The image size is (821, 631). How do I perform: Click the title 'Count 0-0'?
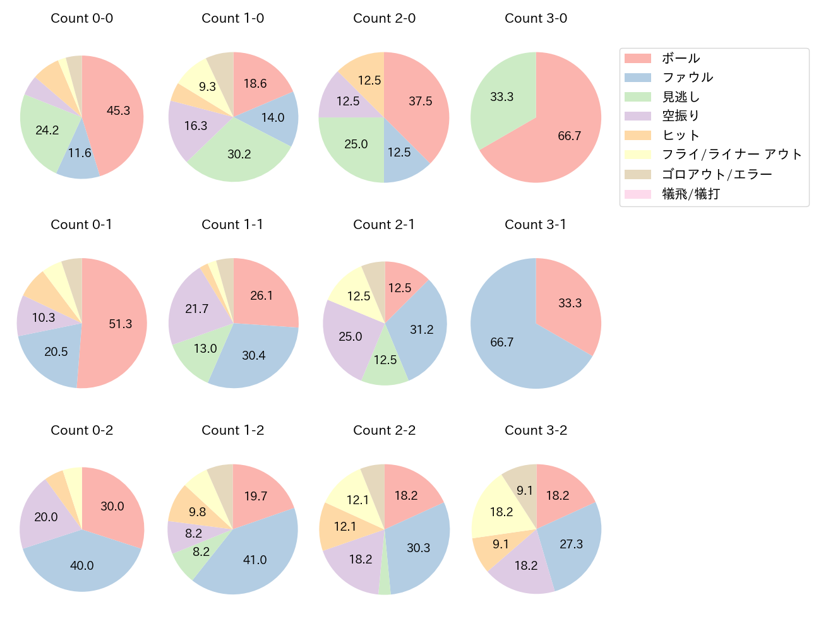click(x=82, y=18)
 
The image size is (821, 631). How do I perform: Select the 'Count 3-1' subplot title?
click(x=536, y=225)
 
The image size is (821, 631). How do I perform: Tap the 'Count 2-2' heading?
click(x=384, y=430)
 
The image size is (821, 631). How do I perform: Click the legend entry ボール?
click(x=681, y=58)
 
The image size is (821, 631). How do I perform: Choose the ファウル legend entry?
click(x=687, y=78)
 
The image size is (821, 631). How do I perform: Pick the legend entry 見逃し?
click(x=681, y=97)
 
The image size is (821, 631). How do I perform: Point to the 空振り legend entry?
click(x=681, y=116)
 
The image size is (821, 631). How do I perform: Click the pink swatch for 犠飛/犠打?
click(x=637, y=194)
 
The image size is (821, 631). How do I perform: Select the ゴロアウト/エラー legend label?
click(x=717, y=174)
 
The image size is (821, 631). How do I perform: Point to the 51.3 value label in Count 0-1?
click(x=121, y=324)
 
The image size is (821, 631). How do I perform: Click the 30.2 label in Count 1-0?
click(x=239, y=155)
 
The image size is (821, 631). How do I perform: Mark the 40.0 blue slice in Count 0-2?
click(x=82, y=565)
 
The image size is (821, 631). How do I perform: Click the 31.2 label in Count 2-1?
click(x=422, y=329)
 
